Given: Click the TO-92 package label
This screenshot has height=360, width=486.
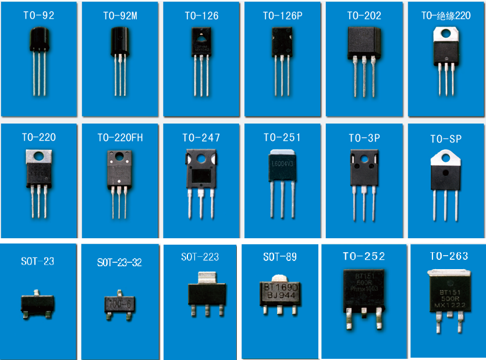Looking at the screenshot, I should (38, 16).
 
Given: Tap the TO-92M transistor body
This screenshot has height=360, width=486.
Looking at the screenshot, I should (120, 43).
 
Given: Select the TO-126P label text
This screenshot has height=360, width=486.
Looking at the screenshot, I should (282, 16).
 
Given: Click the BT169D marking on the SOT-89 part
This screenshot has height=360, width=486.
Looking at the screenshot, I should (281, 287).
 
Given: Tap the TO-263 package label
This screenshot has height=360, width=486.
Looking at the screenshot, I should (448, 256).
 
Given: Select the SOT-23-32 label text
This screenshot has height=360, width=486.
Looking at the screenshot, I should (119, 263).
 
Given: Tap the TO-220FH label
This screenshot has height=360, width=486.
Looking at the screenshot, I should (120, 138).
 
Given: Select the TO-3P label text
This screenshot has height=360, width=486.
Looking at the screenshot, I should (364, 138).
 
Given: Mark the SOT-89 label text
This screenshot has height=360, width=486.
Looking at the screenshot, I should (279, 257).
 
